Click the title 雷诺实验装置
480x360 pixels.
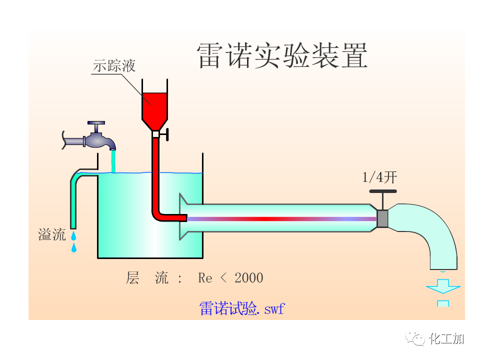click(x=282, y=55)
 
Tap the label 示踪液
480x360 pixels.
click(x=114, y=65)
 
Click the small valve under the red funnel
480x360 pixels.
click(x=156, y=134)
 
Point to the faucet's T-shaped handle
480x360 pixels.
click(x=96, y=123)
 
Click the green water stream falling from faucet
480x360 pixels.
click(x=113, y=162)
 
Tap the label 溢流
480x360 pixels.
click(x=52, y=234)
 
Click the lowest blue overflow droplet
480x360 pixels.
click(x=74, y=247)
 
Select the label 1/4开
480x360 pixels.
click(x=379, y=177)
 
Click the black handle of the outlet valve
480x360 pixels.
click(x=382, y=191)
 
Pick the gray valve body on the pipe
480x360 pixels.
click(x=382, y=218)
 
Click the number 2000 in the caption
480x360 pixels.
click(x=248, y=278)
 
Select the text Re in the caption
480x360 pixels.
click(x=205, y=278)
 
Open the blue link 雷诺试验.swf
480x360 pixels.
click(x=241, y=308)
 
